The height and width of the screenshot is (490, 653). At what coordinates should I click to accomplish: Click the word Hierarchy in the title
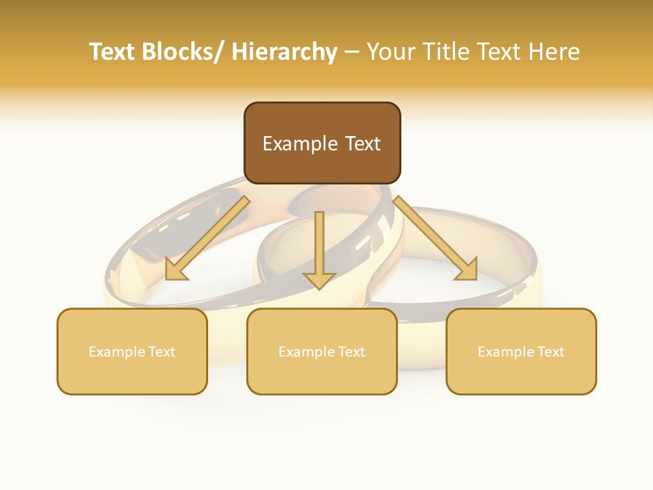284,52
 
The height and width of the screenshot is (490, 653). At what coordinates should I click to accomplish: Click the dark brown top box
322,143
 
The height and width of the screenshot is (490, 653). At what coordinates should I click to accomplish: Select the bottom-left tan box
132,351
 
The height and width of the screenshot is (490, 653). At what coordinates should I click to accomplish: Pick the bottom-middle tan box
322,351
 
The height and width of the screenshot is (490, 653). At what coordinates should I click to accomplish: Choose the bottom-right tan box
521,351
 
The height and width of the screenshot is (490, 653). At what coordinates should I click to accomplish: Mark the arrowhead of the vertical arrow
319,279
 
